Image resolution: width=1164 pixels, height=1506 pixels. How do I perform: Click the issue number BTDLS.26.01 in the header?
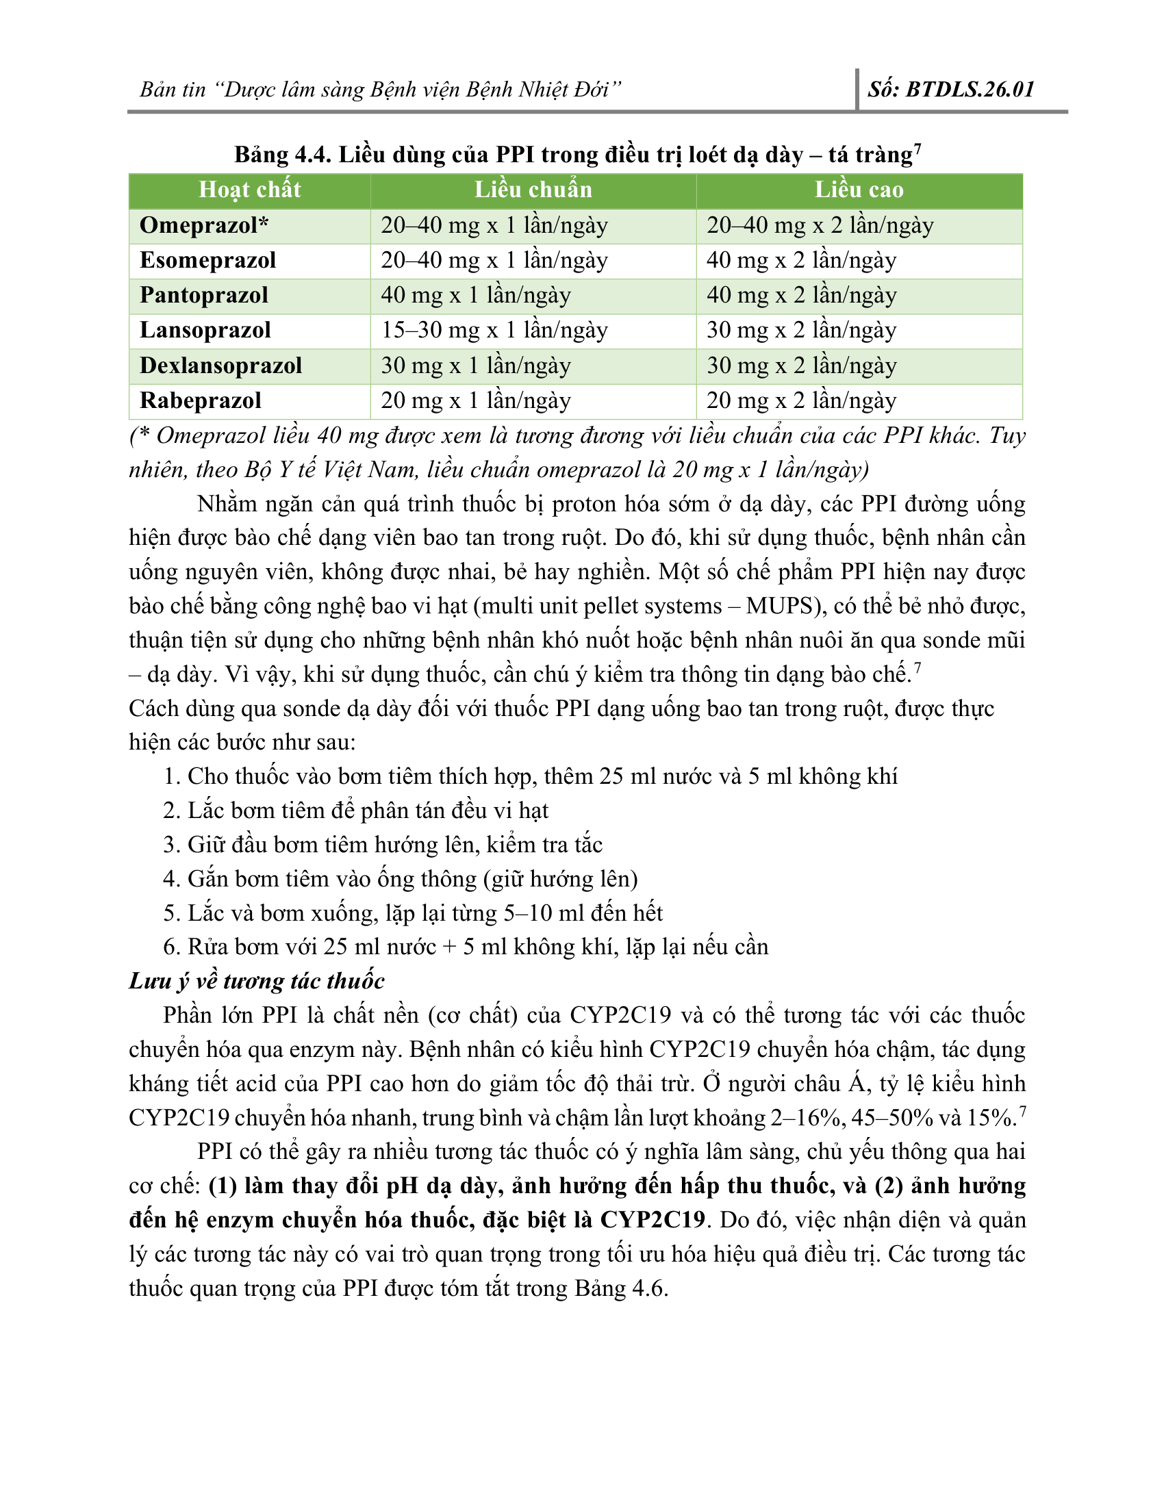click(x=970, y=90)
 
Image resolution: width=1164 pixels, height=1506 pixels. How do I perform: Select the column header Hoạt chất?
click(x=250, y=190)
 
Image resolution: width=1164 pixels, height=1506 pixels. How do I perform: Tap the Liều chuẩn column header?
click(x=533, y=190)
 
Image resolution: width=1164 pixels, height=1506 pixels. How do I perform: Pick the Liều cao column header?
click(x=859, y=190)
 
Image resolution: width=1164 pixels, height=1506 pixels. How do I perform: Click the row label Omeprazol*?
click(x=204, y=225)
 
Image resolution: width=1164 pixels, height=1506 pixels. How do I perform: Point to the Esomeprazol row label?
click(x=207, y=261)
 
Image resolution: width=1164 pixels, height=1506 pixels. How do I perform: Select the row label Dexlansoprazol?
click(x=220, y=366)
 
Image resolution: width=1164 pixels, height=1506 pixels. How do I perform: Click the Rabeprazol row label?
click(x=201, y=400)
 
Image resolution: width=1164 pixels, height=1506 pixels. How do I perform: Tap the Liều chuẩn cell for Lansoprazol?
click(x=494, y=331)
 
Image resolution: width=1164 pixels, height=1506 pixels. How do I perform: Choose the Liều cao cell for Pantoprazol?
click(x=801, y=295)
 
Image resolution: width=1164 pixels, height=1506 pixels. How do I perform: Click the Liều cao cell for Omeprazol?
click(x=820, y=225)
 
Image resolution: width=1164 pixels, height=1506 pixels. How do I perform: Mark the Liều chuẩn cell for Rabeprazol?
click(x=476, y=400)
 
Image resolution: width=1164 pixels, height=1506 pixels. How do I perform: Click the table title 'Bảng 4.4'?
click(x=283, y=155)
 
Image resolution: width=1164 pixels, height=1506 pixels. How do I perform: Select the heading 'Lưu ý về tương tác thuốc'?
click(x=257, y=980)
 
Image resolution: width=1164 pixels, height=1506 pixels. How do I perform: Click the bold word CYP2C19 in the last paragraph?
click(x=653, y=1219)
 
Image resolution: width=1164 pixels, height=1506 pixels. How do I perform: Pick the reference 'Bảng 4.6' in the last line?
click(x=620, y=1288)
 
